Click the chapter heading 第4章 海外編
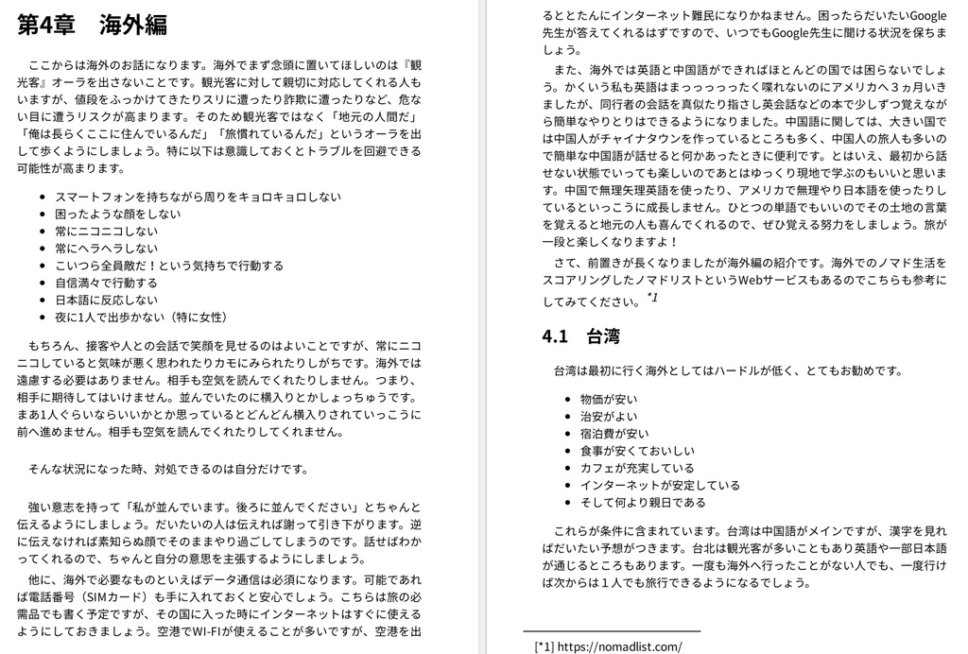(92, 26)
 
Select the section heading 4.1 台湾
(580, 336)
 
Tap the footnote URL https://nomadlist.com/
(619, 646)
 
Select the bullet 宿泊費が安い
(614, 433)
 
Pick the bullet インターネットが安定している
(660, 485)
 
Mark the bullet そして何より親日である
(643, 502)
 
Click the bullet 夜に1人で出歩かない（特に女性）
(141, 317)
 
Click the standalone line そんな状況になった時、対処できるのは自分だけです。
(168, 469)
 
